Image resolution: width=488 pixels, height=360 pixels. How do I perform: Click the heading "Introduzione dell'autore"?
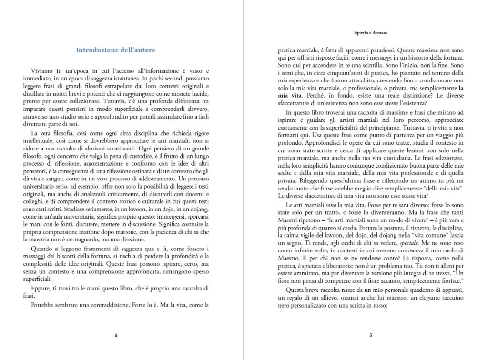coord(116,50)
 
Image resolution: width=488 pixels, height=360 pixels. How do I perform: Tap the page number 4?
coord(116,335)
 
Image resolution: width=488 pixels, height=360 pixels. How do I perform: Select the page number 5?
coord(371,335)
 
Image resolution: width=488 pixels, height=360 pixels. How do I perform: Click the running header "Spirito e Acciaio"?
coord(371,33)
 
